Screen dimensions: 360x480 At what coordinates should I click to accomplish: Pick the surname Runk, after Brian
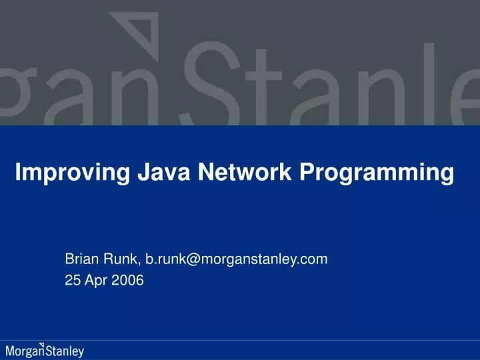(x=120, y=259)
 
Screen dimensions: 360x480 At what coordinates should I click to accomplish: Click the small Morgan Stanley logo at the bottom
(x=45, y=350)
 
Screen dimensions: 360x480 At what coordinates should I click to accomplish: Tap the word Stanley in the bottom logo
(x=65, y=351)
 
